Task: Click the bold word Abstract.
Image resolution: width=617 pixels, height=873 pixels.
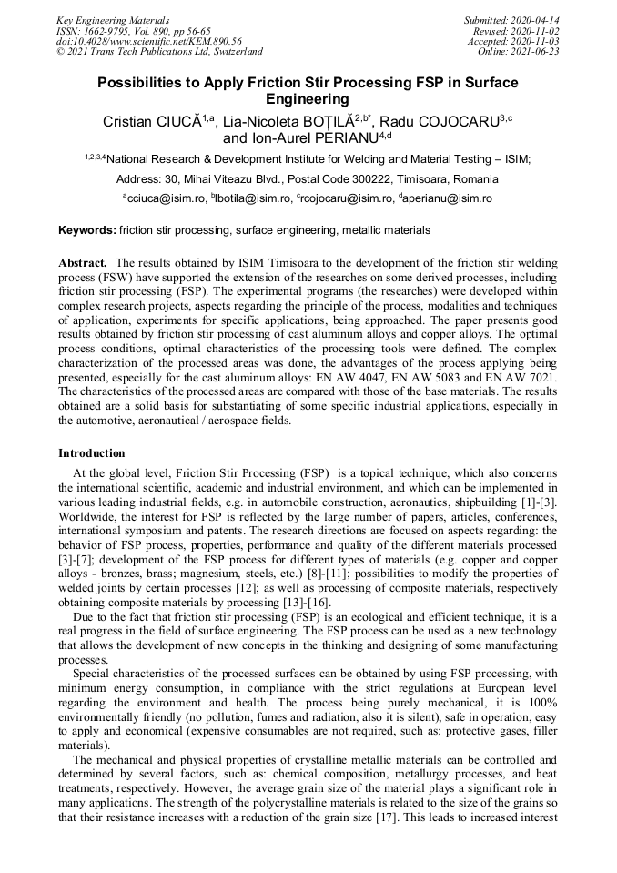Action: point(83,262)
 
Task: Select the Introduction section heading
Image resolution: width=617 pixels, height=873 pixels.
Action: point(92,453)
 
